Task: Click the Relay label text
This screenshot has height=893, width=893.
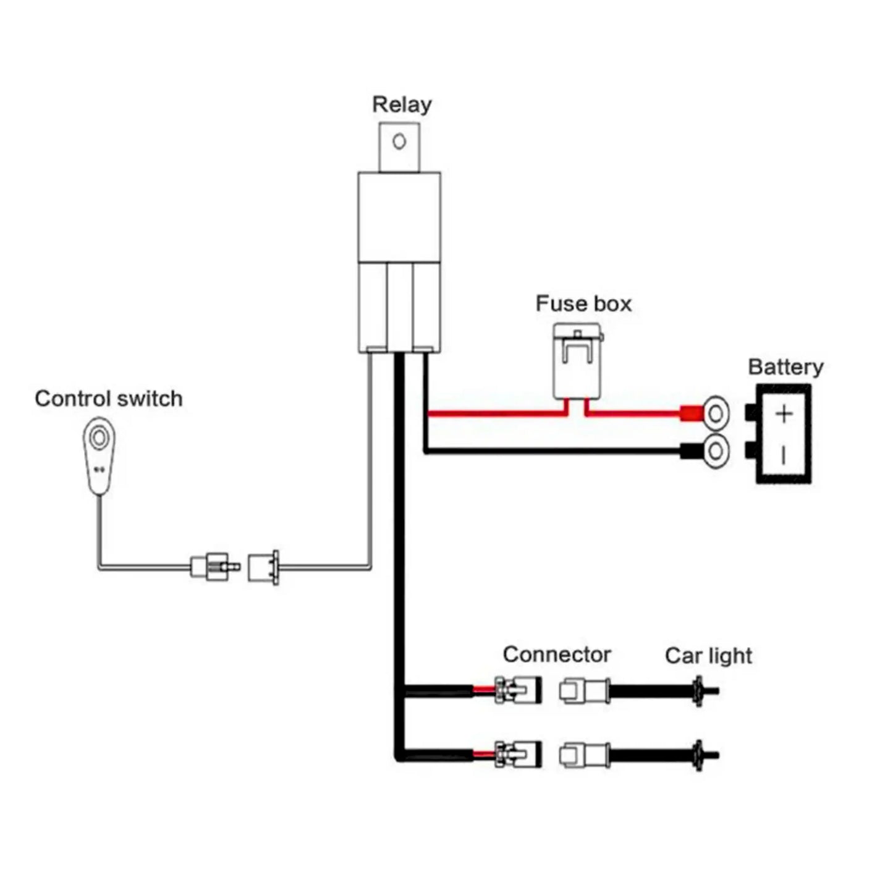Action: coord(401,104)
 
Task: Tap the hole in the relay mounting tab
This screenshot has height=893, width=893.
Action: coord(399,142)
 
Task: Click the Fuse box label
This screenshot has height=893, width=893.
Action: coord(583,303)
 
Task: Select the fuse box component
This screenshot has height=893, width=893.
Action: coord(578,362)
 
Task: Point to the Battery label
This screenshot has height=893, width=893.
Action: coord(785,366)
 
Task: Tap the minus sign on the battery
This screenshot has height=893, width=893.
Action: coord(784,456)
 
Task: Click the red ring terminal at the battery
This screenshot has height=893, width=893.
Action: coord(716,413)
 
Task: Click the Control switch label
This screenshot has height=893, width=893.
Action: coord(109,399)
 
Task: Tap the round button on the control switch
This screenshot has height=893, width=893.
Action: coord(98,438)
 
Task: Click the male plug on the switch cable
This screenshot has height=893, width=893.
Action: coord(213,565)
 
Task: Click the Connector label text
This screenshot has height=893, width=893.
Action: coord(556,654)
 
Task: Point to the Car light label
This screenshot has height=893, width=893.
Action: coord(708,656)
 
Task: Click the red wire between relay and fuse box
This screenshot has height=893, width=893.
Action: coord(494,413)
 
